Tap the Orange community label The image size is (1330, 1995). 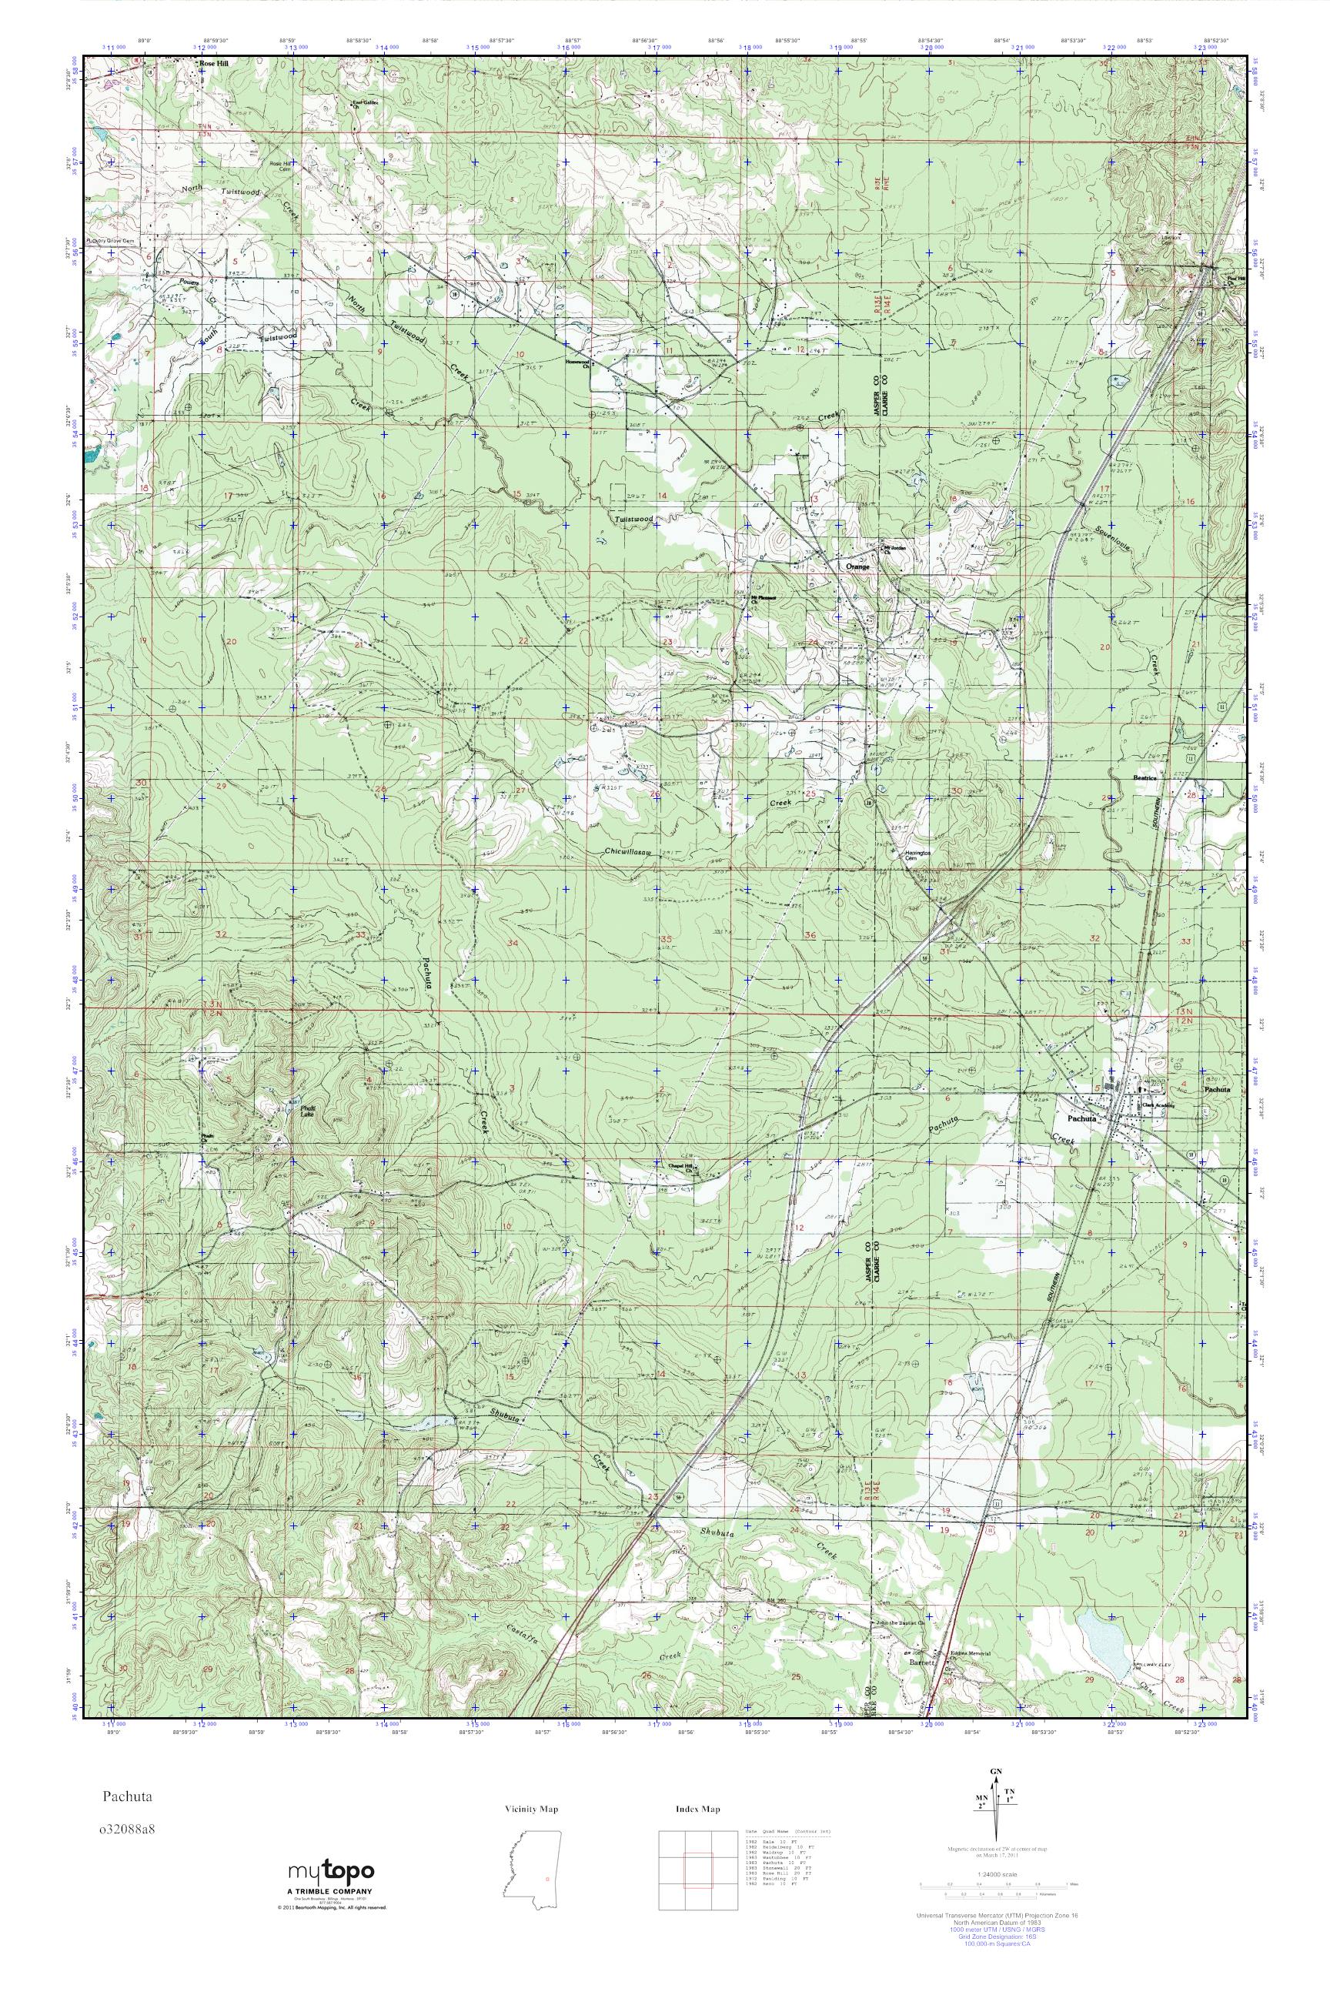857,566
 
